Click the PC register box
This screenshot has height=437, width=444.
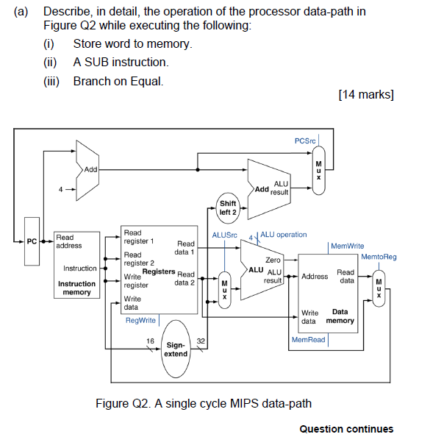(x=32, y=241)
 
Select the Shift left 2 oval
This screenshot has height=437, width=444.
(x=228, y=208)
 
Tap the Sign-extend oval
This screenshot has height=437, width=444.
(x=176, y=349)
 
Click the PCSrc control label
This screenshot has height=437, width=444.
(x=305, y=141)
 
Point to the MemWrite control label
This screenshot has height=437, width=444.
(x=348, y=246)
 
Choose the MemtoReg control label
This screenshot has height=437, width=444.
(x=379, y=257)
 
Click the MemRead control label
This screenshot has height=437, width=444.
(x=308, y=340)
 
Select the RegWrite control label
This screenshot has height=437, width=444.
(x=141, y=320)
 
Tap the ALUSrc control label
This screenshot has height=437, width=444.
(x=225, y=235)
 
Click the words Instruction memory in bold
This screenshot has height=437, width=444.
(x=76, y=288)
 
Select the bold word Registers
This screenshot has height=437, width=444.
(x=158, y=271)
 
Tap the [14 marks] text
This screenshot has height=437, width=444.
(x=365, y=93)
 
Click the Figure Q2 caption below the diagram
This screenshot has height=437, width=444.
(x=204, y=402)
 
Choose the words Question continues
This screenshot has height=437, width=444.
(x=346, y=429)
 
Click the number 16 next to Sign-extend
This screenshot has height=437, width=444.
(x=151, y=341)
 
